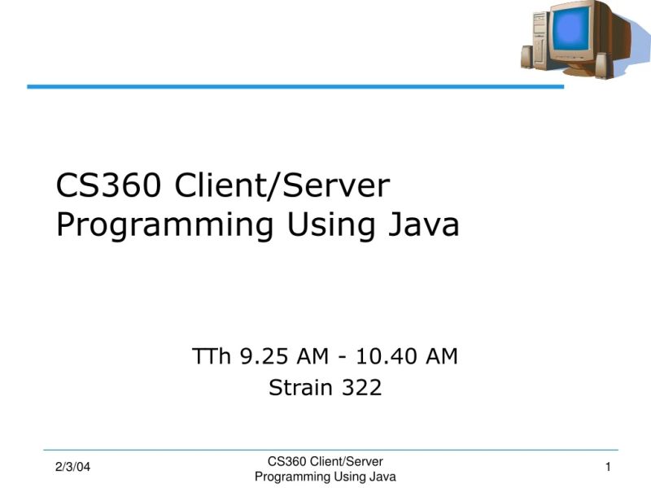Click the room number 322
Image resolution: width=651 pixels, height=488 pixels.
(x=360, y=388)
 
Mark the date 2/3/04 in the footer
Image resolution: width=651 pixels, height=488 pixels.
(x=72, y=467)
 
